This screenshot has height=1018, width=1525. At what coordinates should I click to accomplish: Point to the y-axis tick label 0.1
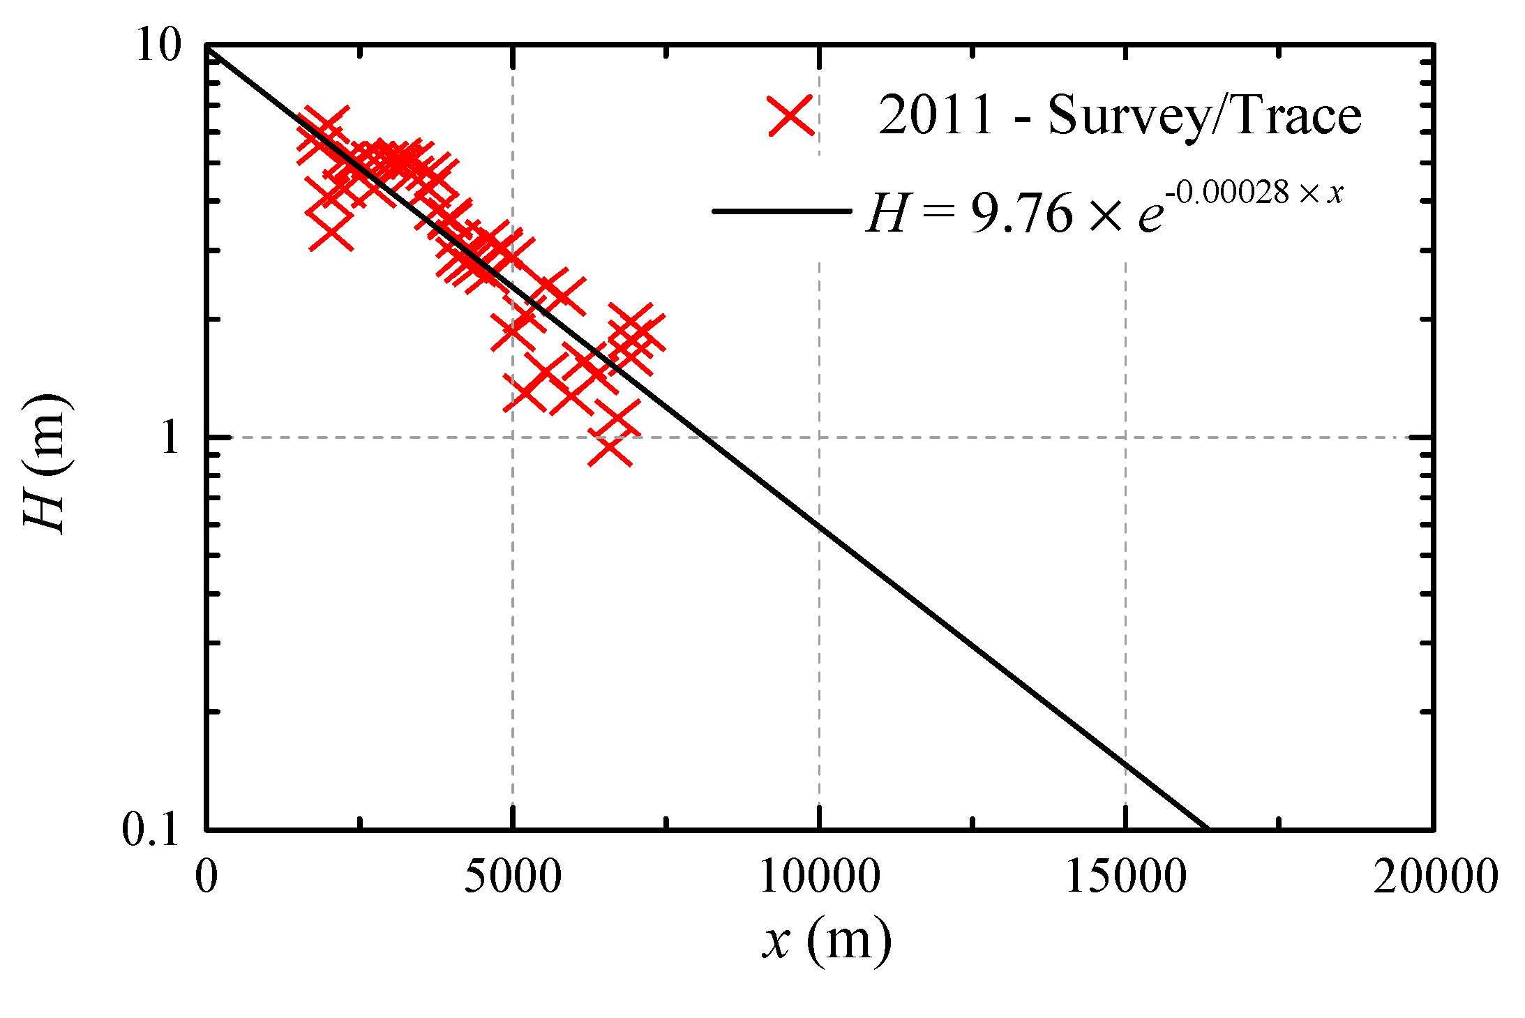pyautogui.click(x=151, y=830)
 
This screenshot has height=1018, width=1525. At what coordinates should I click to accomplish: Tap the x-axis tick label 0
pyautogui.click(x=206, y=876)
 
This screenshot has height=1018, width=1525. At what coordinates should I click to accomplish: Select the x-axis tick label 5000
pyautogui.click(x=513, y=876)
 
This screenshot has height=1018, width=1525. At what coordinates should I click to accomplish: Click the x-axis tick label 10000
pyautogui.click(x=819, y=876)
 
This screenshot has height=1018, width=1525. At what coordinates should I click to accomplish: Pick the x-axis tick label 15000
pyautogui.click(x=1125, y=876)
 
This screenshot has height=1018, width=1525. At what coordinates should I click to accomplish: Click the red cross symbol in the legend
pyautogui.click(x=790, y=115)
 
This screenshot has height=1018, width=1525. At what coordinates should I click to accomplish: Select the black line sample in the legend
pyautogui.click(x=781, y=211)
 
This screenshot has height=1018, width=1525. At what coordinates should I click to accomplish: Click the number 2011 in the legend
pyautogui.click(x=935, y=115)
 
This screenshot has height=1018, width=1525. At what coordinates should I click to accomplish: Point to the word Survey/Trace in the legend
pyautogui.click(x=1204, y=115)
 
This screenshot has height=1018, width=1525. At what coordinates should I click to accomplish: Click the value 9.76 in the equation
pyautogui.click(x=1021, y=214)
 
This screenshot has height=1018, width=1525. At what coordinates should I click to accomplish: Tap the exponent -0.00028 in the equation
pyautogui.click(x=1228, y=192)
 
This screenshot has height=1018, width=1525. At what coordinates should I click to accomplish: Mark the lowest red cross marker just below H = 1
pyautogui.click(x=610, y=450)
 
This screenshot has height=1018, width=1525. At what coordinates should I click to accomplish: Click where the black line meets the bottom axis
pyautogui.click(x=1208, y=829)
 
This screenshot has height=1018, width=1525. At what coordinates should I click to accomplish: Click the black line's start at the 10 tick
pyautogui.click(x=208, y=47)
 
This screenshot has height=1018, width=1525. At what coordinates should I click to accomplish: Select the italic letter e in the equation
pyautogui.click(x=1150, y=216)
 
